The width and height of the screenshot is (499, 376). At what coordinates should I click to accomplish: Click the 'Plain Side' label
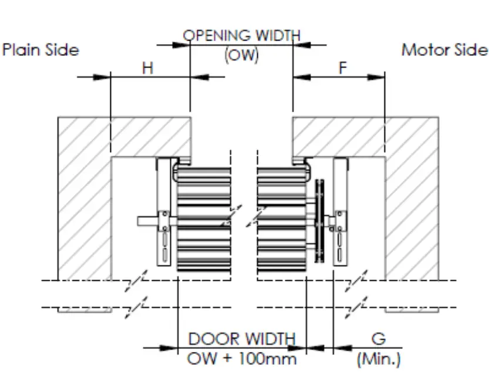[41, 50]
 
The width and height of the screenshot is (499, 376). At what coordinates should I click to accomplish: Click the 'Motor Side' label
[444, 50]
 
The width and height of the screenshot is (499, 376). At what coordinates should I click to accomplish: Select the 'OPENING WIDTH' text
[241, 36]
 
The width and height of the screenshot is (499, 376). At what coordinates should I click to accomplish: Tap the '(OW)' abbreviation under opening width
[241, 55]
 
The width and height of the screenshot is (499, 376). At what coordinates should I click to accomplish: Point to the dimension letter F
[343, 68]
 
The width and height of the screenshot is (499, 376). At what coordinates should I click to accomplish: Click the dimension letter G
[379, 339]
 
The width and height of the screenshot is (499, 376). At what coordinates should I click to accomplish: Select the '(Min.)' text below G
[379, 358]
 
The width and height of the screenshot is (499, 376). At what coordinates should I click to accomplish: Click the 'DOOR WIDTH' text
[241, 339]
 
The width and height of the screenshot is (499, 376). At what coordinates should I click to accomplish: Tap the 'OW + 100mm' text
[241, 358]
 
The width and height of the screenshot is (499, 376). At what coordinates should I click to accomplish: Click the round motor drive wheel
[319, 222]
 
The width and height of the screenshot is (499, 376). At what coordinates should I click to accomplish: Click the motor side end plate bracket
[340, 211]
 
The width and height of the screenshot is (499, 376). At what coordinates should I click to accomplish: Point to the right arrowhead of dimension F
[379, 77]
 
